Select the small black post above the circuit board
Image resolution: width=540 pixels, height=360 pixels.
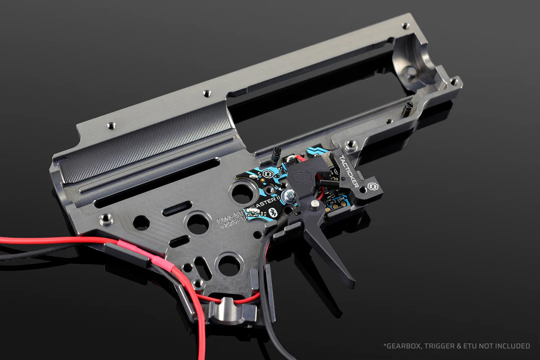click(276, 154)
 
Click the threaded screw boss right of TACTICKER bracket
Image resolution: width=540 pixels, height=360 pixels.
click(351, 145)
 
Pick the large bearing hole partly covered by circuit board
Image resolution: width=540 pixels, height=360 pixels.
click(242, 192)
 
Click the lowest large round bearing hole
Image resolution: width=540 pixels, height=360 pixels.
click(228, 265)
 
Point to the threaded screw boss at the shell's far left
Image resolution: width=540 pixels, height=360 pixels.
click(105, 219)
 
